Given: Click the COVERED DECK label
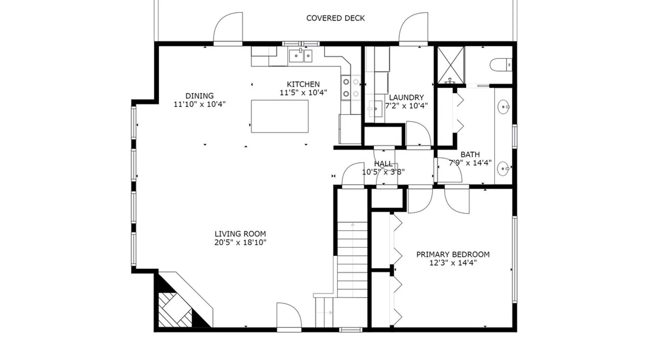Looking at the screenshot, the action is coord(336,18).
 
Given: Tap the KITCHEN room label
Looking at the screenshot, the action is coord(303,84).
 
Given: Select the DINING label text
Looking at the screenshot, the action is coord(199,96).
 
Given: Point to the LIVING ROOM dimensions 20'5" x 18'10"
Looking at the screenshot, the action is coord(240,242).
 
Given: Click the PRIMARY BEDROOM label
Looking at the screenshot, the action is coord(453,255).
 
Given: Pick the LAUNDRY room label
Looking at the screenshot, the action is coord(406,98).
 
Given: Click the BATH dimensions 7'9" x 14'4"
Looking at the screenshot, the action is coord(470,163).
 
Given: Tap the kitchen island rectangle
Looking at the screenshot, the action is coord(280,116).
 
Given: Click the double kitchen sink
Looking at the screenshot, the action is coord(300,56).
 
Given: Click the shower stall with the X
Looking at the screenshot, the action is coord(451,65).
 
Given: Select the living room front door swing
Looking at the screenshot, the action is coord(289,315).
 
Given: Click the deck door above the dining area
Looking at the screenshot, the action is coord(228,28).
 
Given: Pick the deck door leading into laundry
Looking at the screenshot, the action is coord(413,28).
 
